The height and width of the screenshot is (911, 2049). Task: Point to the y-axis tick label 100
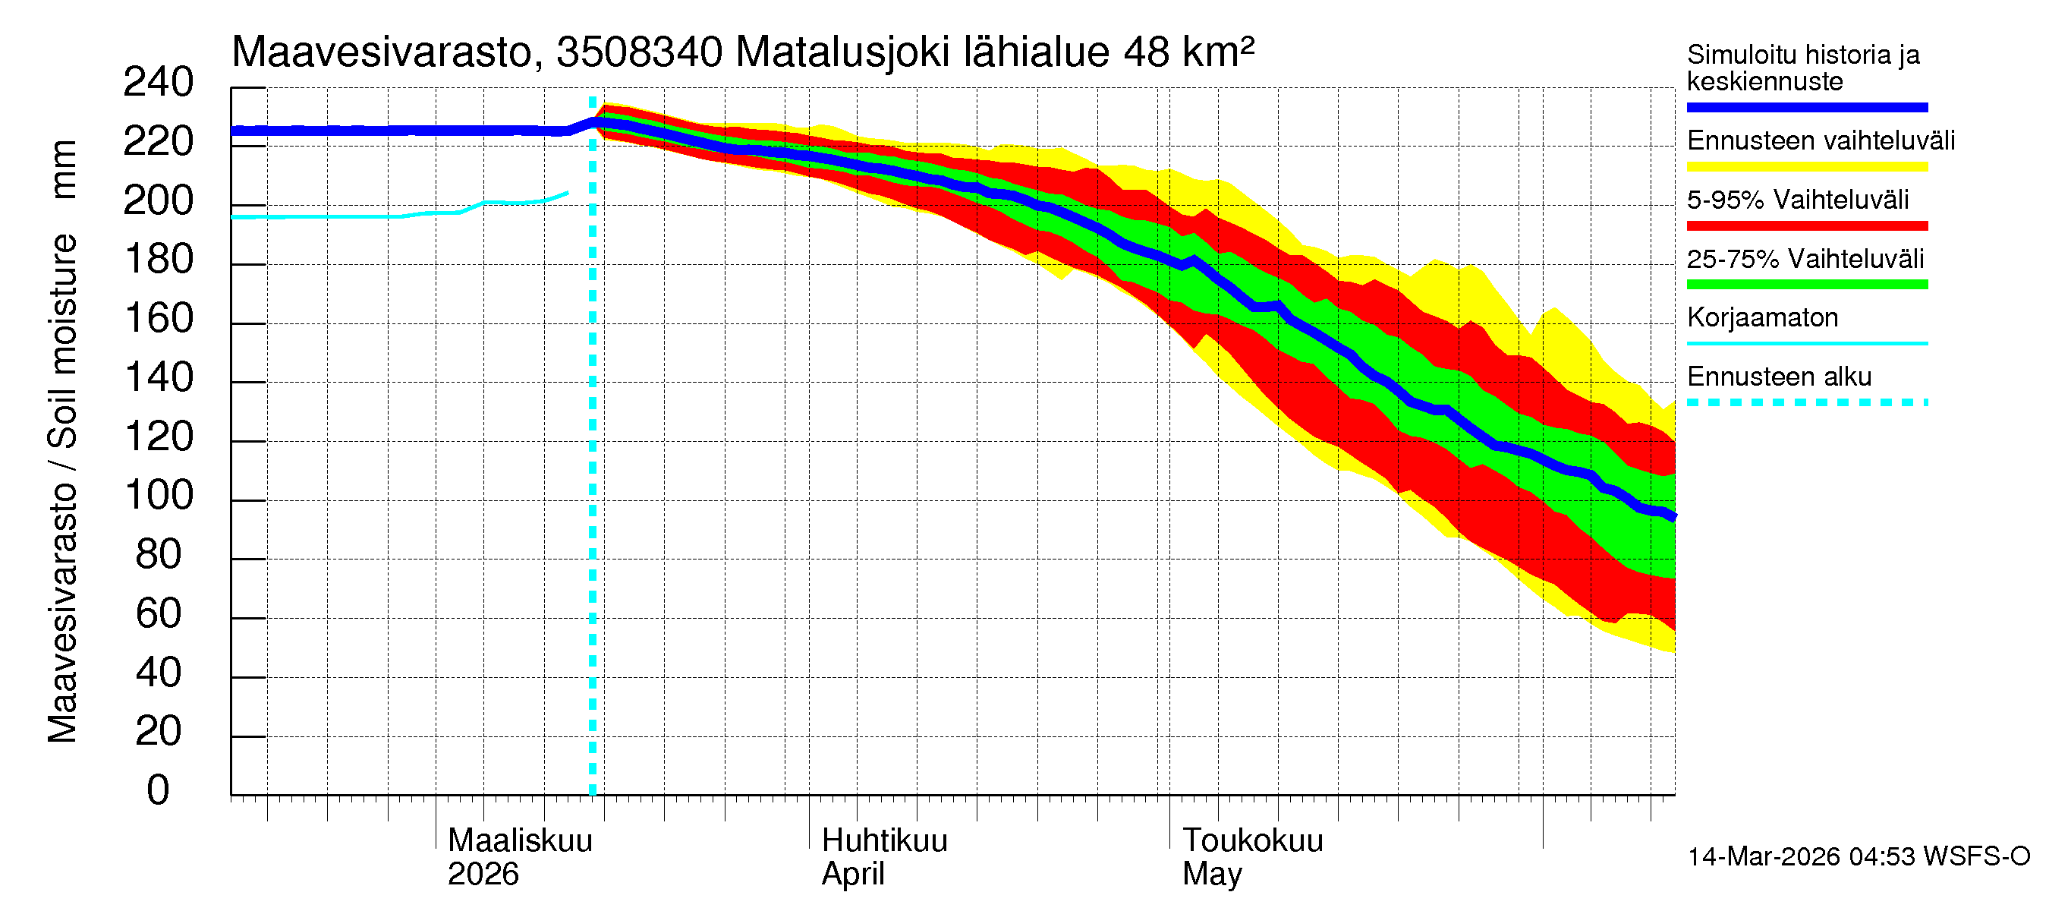pyautogui.click(x=159, y=496)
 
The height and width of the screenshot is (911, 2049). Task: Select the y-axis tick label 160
pyautogui.click(x=159, y=319)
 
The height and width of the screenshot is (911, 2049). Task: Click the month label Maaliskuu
pyautogui.click(x=519, y=841)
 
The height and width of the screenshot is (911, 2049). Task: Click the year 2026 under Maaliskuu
pyautogui.click(x=483, y=875)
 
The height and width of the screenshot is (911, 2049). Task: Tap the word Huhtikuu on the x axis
pyautogui.click(x=883, y=841)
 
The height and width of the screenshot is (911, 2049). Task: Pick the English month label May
pyautogui.click(x=1210, y=875)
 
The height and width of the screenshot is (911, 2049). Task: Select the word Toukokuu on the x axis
pyautogui.click(x=1252, y=841)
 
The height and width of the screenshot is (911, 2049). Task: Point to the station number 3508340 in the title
pyautogui.click(x=639, y=52)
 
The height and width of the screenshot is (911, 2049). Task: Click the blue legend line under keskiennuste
pyautogui.click(x=1806, y=107)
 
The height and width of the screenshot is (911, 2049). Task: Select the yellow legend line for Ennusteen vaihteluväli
pyautogui.click(x=1806, y=167)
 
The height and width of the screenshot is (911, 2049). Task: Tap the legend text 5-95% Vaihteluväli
pyautogui.click(x=1797, y=200)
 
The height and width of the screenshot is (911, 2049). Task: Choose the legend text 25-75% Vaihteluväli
pyautogui.click(x=1805, y=259)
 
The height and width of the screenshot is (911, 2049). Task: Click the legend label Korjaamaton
pyautogui.click(x=1762, y=317)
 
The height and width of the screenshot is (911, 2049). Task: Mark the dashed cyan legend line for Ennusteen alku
pyautogui.click(x=1806, y=402)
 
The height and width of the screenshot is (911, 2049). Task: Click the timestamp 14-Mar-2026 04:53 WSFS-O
pyautogui.click(x=1858, y=857)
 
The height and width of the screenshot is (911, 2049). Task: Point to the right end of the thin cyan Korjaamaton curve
pyautogui.click(x=566, y=193)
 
